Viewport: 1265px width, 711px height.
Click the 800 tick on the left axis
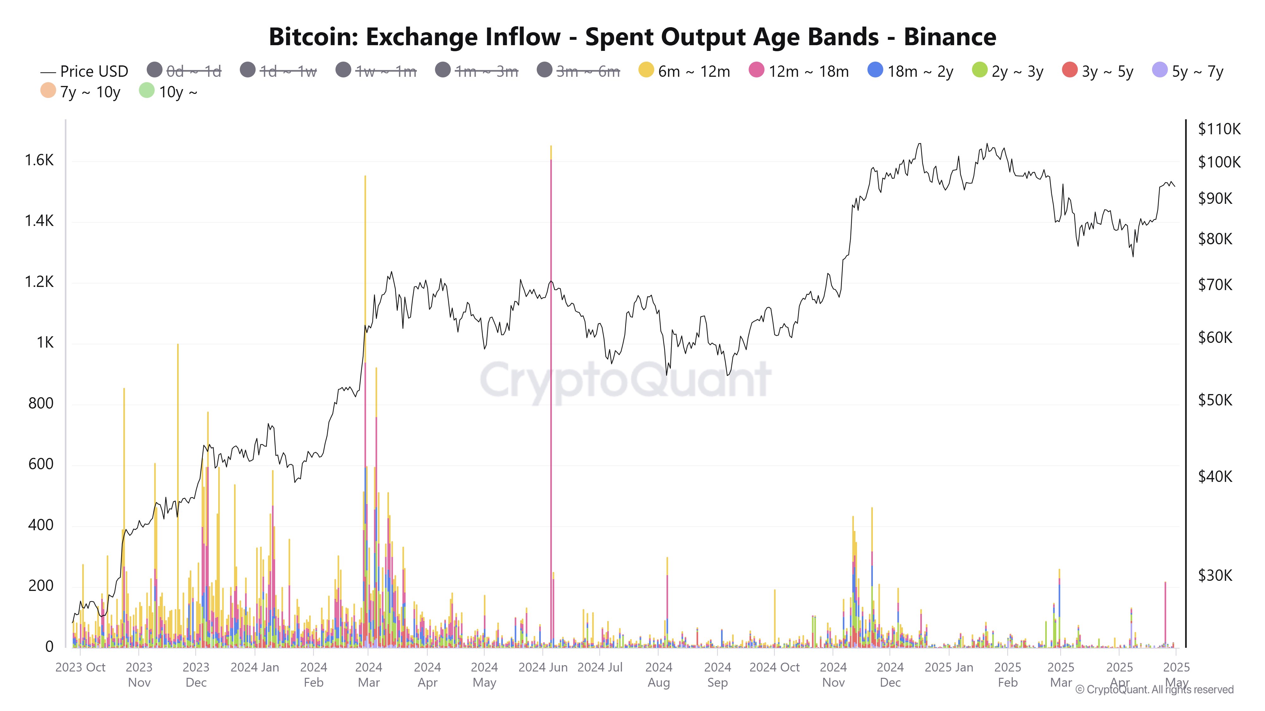click(41, 403)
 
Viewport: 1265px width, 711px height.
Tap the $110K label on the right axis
click(1219, 129)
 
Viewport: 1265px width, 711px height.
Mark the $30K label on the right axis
click(1215, 575)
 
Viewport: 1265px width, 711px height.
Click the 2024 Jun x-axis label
click(543, 667)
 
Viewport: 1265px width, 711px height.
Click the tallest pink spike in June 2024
click(551, 392)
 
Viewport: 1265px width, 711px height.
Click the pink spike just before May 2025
click(1165, 613)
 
